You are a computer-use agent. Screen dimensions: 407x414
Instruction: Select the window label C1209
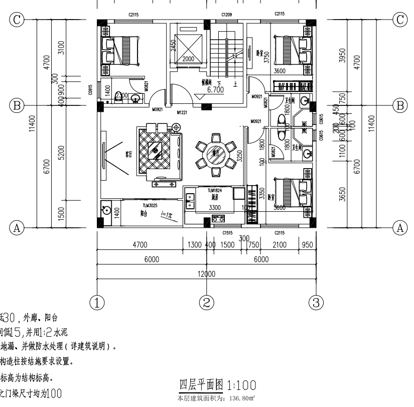click(227, 16)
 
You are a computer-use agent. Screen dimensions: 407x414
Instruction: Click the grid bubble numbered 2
click(206, 302)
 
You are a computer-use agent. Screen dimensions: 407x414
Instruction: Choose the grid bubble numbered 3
click(316, 302)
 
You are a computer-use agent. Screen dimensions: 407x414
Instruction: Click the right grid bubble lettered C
click(400, 20)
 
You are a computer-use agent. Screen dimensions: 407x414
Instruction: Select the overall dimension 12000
click(206, 274)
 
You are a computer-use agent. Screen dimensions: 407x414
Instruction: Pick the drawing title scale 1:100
click(242, 385)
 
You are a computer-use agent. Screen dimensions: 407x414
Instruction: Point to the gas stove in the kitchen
click(218, 218)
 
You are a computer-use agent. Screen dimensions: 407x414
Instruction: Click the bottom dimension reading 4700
click(139, 245)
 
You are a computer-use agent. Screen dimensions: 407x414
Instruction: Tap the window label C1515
click(227, 232)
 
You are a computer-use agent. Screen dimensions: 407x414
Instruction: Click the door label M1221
click(182, 113)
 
